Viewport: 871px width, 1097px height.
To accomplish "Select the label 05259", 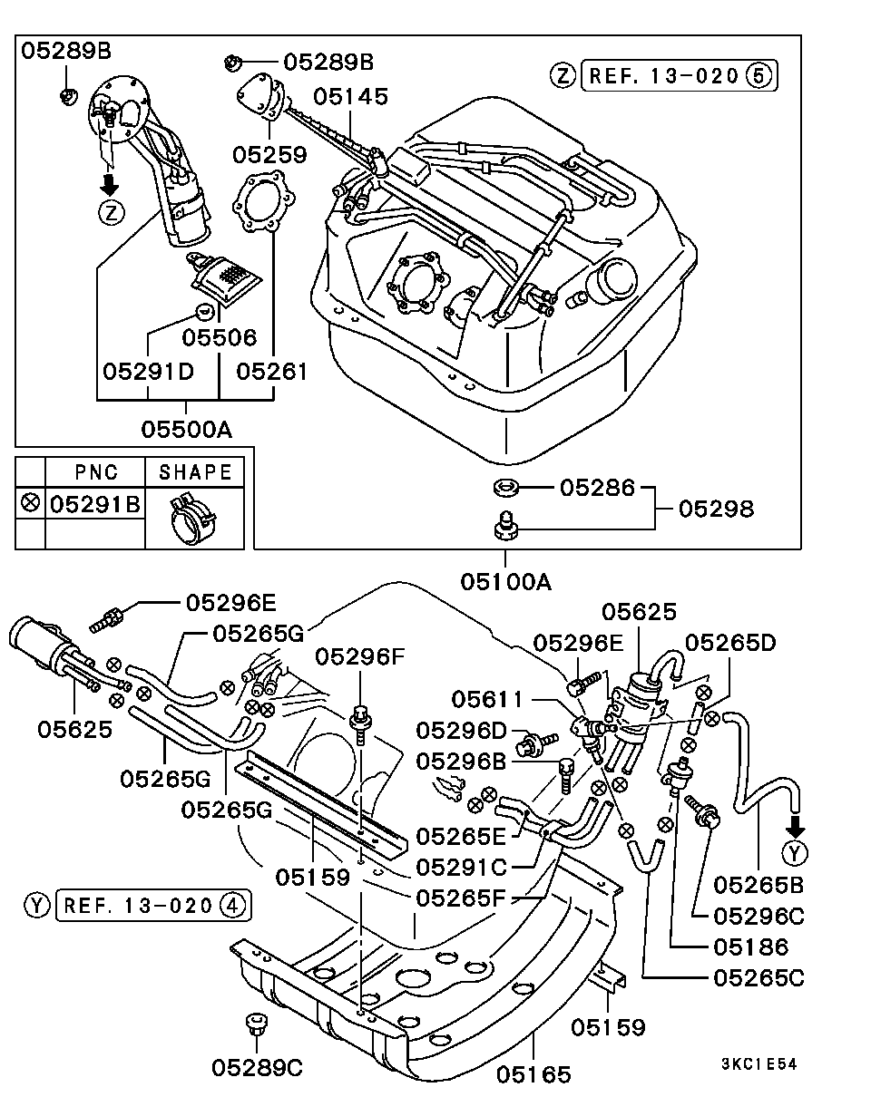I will [x=269, y=155].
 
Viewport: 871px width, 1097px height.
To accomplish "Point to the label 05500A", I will [x=186, y=428].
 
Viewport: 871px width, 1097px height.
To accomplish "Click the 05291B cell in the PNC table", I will [x=94, y=503].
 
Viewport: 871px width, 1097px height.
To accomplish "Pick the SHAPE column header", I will [x=195, y=472].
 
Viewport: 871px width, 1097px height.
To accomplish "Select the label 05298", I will [x=716, y=509].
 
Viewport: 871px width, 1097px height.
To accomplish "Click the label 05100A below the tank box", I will [x=505, y=581].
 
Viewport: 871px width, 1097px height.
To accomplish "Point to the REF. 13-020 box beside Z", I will [x=678, y=76].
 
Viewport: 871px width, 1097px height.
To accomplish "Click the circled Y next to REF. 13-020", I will [x=37, y=904].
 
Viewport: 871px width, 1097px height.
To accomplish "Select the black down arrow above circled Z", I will [x=110, y=184].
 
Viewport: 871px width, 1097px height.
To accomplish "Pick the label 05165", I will [x=533, y=1075].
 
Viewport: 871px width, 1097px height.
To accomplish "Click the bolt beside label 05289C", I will [x=254, y=1027].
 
